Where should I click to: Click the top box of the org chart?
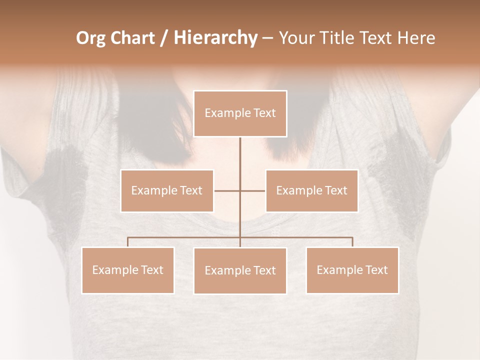pyautogui.click(x=240, y=113)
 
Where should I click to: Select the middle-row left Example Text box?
pyautogui.click(x=167, y=190)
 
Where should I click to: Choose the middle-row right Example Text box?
pyautogui.click(x=311, y=190)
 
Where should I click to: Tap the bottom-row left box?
pyautogui.click(x=128, y=270)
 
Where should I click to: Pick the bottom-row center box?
pyautogui.click(x=240, y=270)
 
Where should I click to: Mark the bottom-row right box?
pyautogui.click(x=352, y=270)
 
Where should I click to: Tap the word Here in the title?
pyautogui.click(x=415, y=38)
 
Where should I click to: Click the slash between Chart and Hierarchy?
pyautogui.click(x=164, y=38)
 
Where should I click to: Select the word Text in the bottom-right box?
pyautogui.click(x=376, y=270)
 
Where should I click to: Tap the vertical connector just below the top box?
pyautogui.click(x=240, y=150)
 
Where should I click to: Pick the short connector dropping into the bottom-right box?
pyautogui.click(x=352, y=242)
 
